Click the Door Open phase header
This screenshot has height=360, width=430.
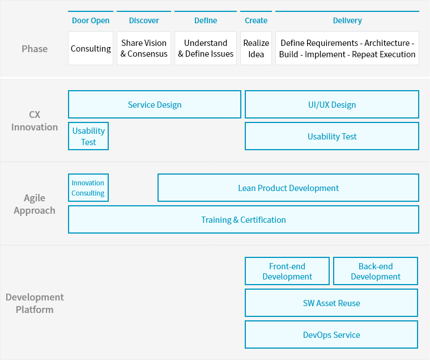[91, 20]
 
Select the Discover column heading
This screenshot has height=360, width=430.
[144, 20]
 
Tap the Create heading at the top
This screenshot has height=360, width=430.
[256, 20]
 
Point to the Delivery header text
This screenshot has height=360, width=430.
[347, 20]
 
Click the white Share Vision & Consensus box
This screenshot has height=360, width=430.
[144, 48]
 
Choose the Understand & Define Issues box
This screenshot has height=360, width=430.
[206, 48]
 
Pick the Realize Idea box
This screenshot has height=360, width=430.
[256, 48]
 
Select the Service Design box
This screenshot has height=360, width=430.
[155, 105]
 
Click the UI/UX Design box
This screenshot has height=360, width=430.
[332, 105]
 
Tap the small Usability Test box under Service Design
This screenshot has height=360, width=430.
[88, 137]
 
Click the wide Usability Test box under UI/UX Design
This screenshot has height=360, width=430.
[332, 137]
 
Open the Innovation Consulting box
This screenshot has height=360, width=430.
[88, 188]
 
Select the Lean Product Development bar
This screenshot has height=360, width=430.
[288, 188]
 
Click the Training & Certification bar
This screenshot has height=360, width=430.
[244, 220]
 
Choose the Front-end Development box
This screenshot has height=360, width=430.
[287, 272]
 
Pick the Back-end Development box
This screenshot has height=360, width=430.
[376, 272]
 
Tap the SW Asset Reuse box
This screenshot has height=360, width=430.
[331, 303]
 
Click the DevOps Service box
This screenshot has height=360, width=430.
[331, 335]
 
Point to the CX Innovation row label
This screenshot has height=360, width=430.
[35, 121]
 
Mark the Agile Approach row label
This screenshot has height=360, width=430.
[35, 204]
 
